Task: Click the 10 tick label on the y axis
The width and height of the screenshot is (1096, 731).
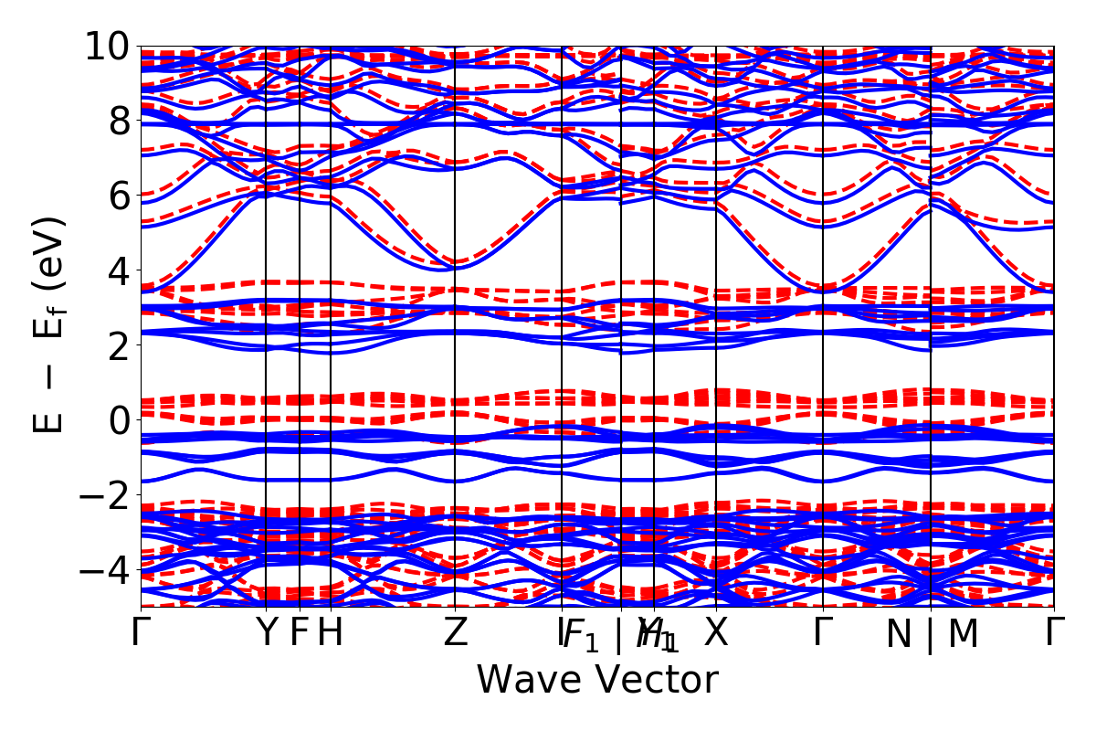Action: (109, 46)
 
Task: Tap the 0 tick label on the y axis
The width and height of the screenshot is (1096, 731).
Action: (119, 420)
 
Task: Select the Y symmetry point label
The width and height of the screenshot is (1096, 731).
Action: (266, 632)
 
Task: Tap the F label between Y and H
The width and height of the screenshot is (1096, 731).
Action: (299, 632)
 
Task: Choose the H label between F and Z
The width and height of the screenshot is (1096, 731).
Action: (330, 632)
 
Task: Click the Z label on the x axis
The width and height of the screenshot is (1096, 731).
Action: (456, 632)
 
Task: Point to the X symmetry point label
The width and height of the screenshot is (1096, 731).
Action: (716, 632)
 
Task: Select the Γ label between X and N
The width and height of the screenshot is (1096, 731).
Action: (823, 632)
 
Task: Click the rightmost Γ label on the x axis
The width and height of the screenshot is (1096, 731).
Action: (1055, 632)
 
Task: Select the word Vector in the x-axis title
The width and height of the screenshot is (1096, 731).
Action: (654, 681)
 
